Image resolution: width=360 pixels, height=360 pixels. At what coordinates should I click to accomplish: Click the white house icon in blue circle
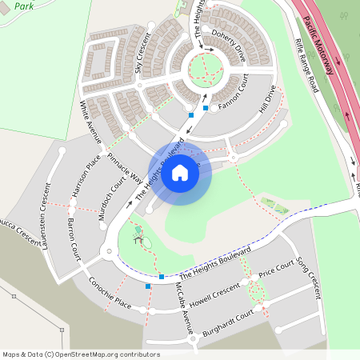click(x=180, y=173)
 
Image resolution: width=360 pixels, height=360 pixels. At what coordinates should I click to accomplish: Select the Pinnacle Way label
click(x=124, y=167)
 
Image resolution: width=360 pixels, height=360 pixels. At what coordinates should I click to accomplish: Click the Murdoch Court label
click(x=113, y=194)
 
